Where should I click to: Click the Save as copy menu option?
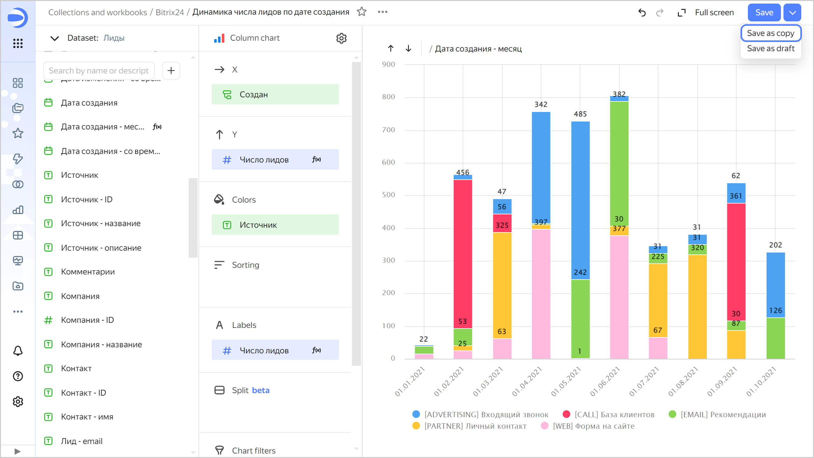pos(770,33)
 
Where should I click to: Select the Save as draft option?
pos(770,48)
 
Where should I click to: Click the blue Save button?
pos(764,12)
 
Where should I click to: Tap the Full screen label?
pos(714,12)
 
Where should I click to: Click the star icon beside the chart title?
pos(362,12)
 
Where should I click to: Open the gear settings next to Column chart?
pos(341,38)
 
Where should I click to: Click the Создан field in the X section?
pos(275,94)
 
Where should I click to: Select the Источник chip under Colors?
pos(275,225)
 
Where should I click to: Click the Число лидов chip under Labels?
pos(275,350)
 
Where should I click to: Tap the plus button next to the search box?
pos(171,71)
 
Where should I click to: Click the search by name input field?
pos(99,71)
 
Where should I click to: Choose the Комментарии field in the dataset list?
pos(88,272)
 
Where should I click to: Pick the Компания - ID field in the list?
pos(87,320)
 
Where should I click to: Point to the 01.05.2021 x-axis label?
pos(566,381)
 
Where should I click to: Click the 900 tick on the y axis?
pos(389,65)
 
